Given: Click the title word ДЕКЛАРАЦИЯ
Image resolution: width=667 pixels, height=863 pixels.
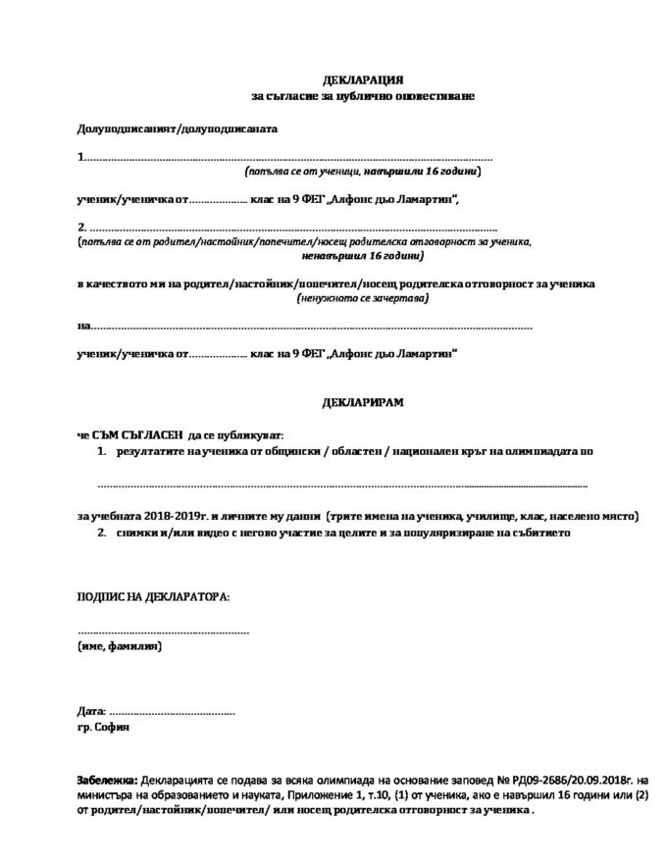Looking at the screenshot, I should coord(363,77).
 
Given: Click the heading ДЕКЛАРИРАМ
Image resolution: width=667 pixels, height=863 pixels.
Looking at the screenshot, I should coord(362,403).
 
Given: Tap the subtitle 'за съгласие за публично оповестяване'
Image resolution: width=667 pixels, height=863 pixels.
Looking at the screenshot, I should coord(363,95).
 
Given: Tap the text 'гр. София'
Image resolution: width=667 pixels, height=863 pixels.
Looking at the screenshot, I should coord(102,729).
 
